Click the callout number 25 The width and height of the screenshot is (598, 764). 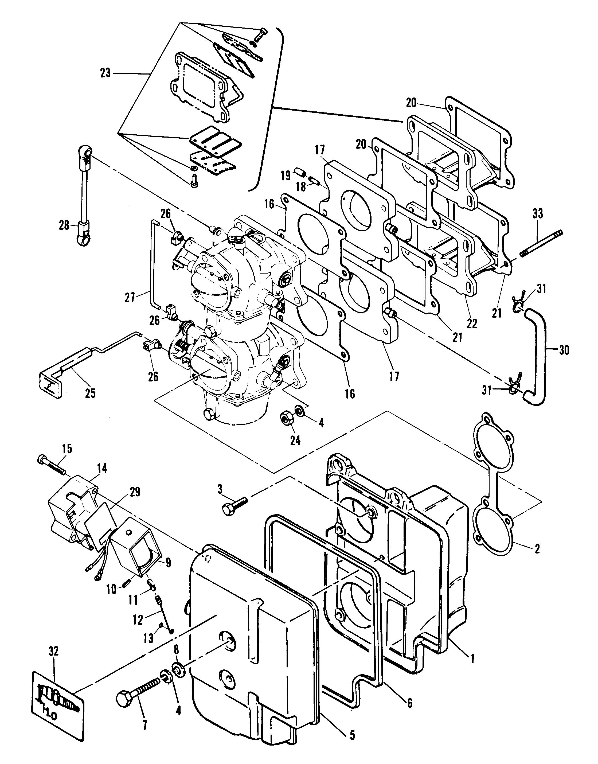90,393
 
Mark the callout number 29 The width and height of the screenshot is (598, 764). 135,492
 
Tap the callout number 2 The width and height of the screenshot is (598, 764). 537,548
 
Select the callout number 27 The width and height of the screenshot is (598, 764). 130,298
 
